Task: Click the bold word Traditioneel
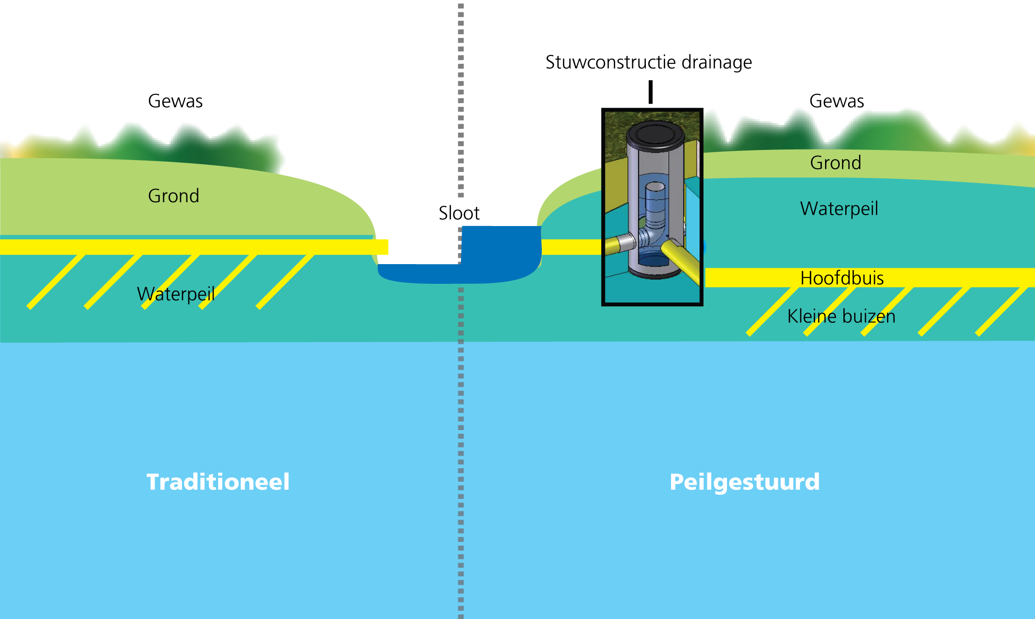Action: click(218, 482)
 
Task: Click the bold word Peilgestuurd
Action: click(744, 482)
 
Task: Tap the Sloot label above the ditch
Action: click(459, 213)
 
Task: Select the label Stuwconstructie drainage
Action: click(648, 62)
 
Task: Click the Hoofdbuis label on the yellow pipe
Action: click(842, 278)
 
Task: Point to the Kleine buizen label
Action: click(841, 316)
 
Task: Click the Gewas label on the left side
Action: click(175, 101)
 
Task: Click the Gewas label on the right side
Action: click(836, 101)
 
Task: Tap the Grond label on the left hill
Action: click(173, 196)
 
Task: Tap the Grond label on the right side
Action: click(835, 163)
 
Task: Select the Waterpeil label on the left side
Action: click(176, 294)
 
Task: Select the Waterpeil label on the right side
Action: click(839, 209)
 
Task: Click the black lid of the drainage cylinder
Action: click(655, 134)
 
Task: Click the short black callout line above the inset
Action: click(650, 92)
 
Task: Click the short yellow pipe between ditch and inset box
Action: click(571, 247)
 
